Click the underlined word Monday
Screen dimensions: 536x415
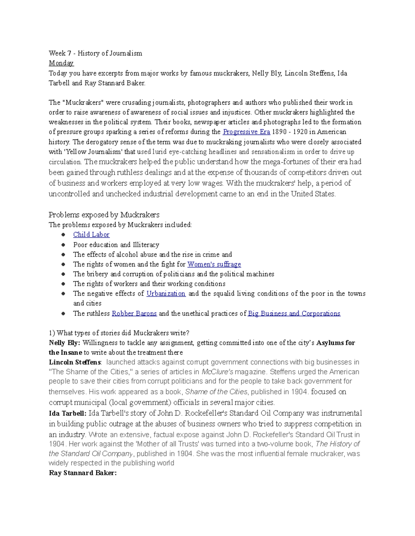(x=61, y=63)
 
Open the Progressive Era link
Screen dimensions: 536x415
(x=246, y=132)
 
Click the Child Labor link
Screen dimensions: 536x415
(x=91, y=235)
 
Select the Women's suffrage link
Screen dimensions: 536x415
(x=214, y=264)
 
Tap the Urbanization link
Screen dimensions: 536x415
(x=166, y=294)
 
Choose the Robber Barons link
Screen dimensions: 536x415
(x=134, y=313)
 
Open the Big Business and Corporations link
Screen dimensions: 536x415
(x=294, y=313)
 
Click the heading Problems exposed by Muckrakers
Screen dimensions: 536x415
(x=104, y=215)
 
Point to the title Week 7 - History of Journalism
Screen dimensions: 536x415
(x=95, y=53)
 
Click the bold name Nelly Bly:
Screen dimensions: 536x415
(x=64, y=343)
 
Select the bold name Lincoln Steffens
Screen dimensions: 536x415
(x=75, y=362)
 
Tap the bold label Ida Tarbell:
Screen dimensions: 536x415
(x=67, y=413)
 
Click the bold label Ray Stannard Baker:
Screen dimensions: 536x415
(x=83, y=473)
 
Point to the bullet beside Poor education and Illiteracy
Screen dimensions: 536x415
(x=63, y=245)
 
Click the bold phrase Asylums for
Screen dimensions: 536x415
(x=335, y=343)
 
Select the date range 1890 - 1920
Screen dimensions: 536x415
(x=290, y=132)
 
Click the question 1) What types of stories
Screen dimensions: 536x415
(x=119, y=333)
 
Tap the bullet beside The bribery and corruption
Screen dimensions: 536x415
(x=63, y=274)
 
